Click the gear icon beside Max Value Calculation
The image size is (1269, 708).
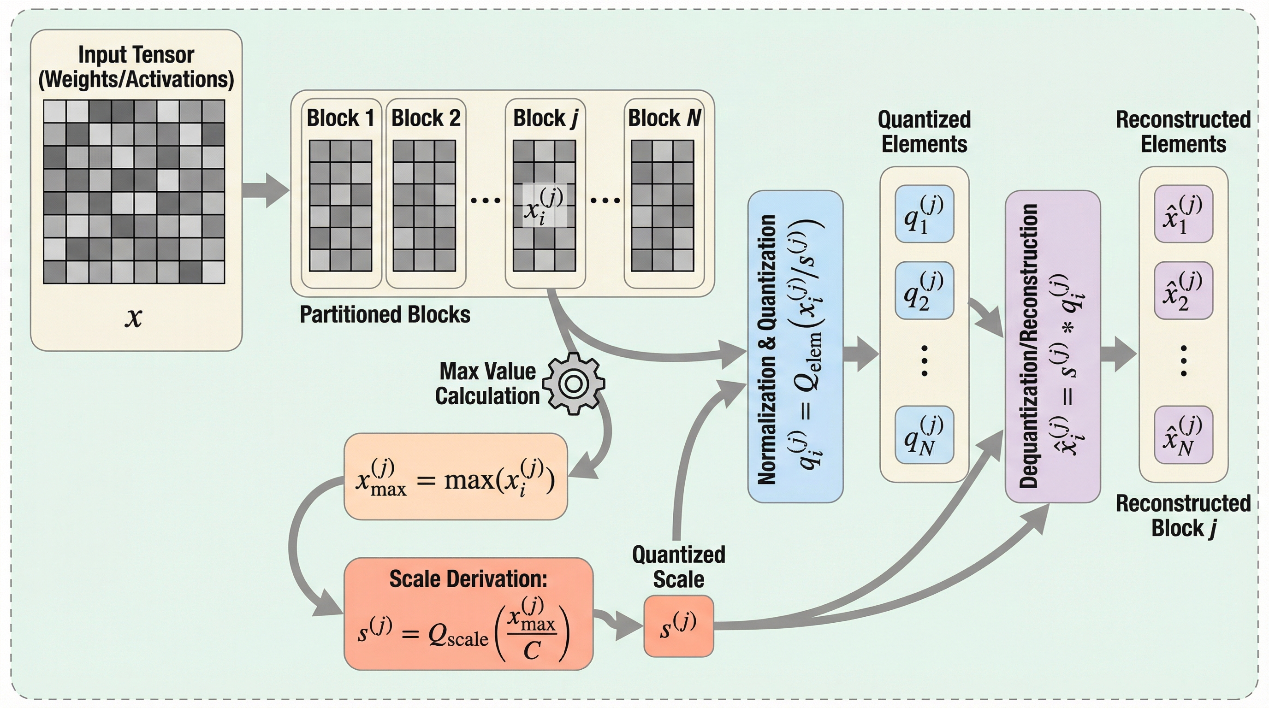(574, 383)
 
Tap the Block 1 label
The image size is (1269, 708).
(340, 118)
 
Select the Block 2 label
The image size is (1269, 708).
(426, 118)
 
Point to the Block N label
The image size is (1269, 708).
(664, 118)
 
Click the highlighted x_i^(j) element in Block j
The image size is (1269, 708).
(544, 206)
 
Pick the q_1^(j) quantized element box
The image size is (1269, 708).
(924, 214)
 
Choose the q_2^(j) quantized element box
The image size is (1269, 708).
(924, 290)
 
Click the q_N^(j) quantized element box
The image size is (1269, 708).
(924, 435)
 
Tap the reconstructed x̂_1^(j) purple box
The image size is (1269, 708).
(1183, 214)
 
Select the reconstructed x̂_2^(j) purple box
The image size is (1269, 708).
(1183, 290)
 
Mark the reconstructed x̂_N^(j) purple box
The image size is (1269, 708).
(1183, 435)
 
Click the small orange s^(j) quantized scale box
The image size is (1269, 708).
(678, 626)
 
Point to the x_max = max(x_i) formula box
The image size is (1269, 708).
(456, 477)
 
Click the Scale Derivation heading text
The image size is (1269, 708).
(468, 579)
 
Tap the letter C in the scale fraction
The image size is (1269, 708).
(532, 651)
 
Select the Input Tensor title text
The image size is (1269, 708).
(136, 66)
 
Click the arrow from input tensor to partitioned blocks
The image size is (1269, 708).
(266, 190)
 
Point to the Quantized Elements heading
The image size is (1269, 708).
(924, 132)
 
